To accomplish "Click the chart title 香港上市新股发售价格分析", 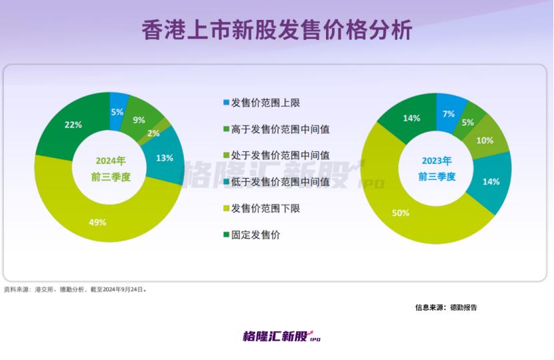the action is point(277,30).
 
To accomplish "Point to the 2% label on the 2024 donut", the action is point(153,133).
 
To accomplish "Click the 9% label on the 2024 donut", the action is point(139,120).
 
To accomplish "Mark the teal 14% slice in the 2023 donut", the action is point(492,182).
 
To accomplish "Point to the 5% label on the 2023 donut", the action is point(467,123).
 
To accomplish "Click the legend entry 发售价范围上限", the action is point(262,103).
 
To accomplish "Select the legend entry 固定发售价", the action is point(252,235).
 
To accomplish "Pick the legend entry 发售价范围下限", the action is point(262,209).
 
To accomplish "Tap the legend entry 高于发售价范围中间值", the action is point(277,129).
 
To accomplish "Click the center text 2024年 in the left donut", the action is point(111,161).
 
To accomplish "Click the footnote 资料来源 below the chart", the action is point(75,289).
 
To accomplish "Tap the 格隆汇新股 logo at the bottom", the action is point(281,336).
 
